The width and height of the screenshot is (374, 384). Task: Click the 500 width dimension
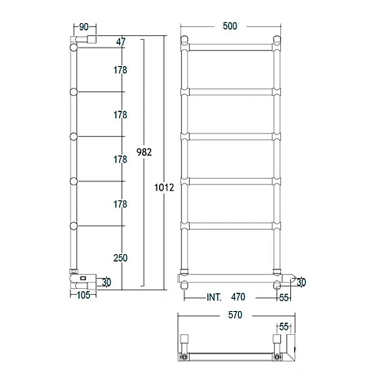229,26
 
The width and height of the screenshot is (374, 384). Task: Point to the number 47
121,41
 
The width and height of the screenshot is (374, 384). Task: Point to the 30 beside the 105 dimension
107,283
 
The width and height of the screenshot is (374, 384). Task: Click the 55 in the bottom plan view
284,326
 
